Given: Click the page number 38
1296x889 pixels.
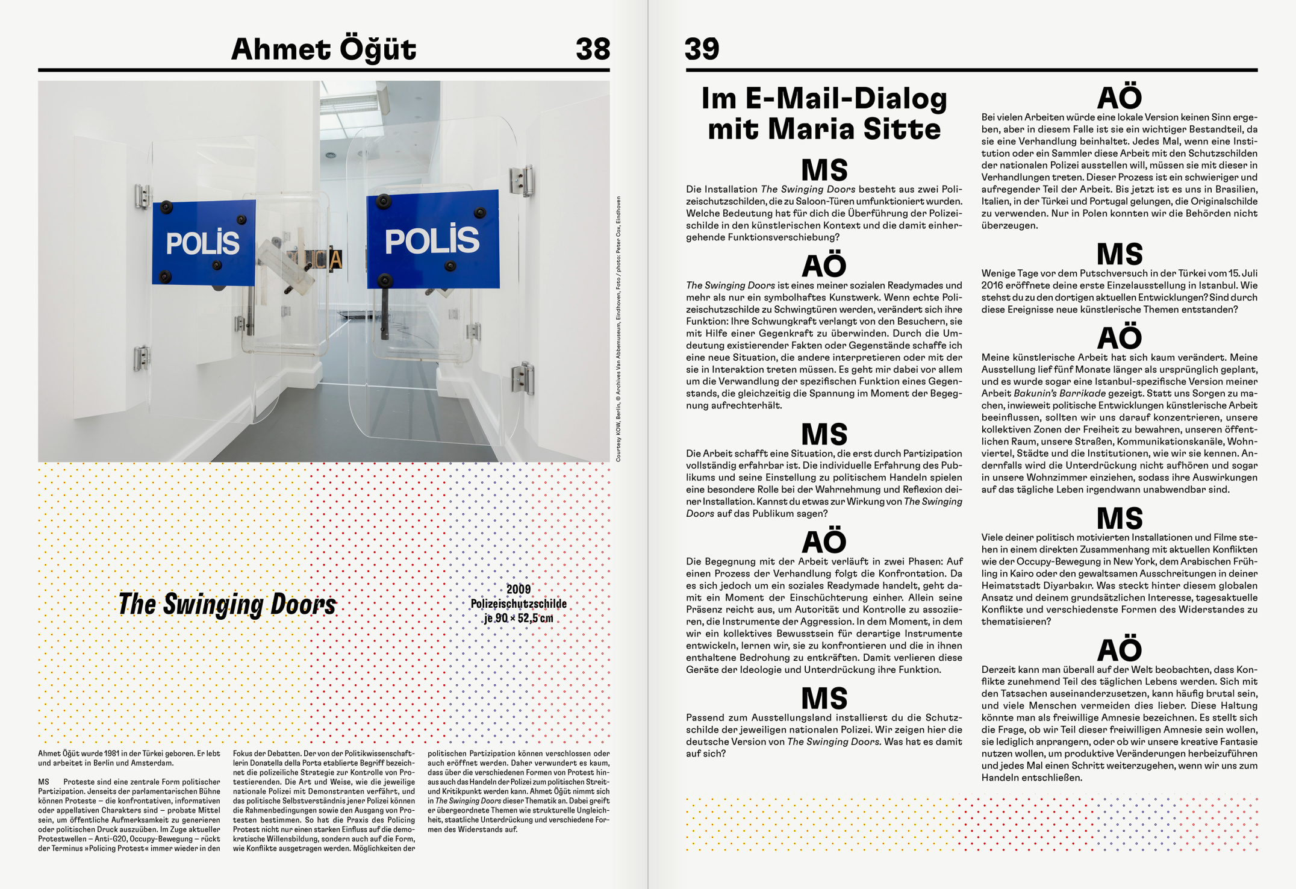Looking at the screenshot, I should click(x=593, y=49).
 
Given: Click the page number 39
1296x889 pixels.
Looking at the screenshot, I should click(x=702, y=49).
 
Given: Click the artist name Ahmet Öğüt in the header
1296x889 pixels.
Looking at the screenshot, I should click(x=323, y=49).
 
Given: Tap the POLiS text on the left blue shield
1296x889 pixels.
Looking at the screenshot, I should click(x=202, y=243).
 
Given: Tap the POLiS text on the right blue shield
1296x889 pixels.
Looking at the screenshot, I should click(x=432, y=240).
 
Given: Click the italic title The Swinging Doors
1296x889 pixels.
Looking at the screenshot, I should click(x=227, y=604).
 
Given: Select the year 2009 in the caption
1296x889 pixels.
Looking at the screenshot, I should click(x=519, y=589).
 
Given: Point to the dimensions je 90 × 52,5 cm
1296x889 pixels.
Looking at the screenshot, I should click(x=519, y=618).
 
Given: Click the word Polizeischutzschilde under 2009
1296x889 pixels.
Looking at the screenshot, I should click(x=519, y=604).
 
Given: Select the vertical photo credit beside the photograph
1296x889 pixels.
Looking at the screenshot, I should click(x=618, y=329).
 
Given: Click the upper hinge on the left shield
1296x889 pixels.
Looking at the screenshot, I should click(x=142, y=196).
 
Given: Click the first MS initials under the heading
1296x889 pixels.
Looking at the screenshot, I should click(x=824, y=170).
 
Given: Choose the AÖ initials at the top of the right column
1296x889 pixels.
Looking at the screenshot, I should click(x=1119, y=98).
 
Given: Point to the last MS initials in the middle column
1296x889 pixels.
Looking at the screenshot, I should click(x=824, y=699).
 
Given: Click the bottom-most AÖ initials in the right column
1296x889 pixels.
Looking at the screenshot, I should click(x=1119, y=650).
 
